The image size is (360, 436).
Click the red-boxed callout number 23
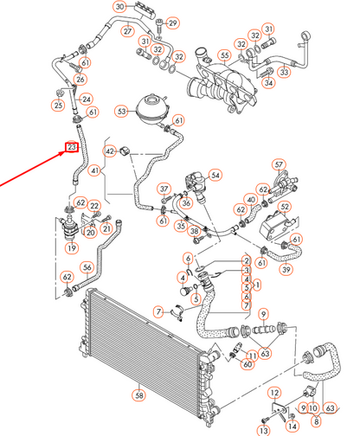(72, 147)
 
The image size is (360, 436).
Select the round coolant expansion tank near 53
(150, 111)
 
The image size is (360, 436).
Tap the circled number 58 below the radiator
(139, 394)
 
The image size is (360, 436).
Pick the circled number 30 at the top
(119, 8)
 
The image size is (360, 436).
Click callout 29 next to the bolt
(173, 22)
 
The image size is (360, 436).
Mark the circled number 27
(127, 31)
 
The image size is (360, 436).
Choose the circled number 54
(215, 175)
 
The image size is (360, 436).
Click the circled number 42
(110, 151)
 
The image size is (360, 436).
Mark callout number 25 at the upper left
(58, 106)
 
